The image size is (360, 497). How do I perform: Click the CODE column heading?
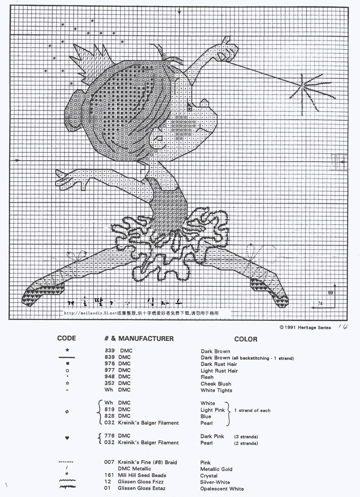coord(67,338)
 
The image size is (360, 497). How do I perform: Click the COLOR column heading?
coord(246,339)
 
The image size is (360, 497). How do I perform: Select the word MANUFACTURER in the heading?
coord(146,338)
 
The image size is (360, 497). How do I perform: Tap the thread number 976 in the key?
coord(110,364)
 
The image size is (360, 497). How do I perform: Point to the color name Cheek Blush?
coord(216,384)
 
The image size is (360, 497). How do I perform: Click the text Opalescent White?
coord(222,489)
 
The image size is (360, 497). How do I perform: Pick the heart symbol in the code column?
coord(67,438)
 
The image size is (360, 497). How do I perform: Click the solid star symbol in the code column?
coord(67,350)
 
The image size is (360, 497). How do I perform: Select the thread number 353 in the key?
coord(110,383)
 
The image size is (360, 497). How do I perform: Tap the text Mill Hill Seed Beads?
coord(142,475)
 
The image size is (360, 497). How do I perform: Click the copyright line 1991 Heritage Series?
coord(305,327)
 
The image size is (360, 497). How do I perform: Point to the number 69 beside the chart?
coord(330,293)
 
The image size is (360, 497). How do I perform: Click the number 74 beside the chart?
coord(320,303)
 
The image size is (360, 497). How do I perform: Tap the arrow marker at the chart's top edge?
coord(179,12)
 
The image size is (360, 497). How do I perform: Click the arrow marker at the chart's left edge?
coord(16,160)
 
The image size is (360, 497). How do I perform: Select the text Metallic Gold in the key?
coord(216,469)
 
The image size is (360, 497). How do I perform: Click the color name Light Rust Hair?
coord(219,371)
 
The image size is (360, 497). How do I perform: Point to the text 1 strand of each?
coord(252,410)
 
